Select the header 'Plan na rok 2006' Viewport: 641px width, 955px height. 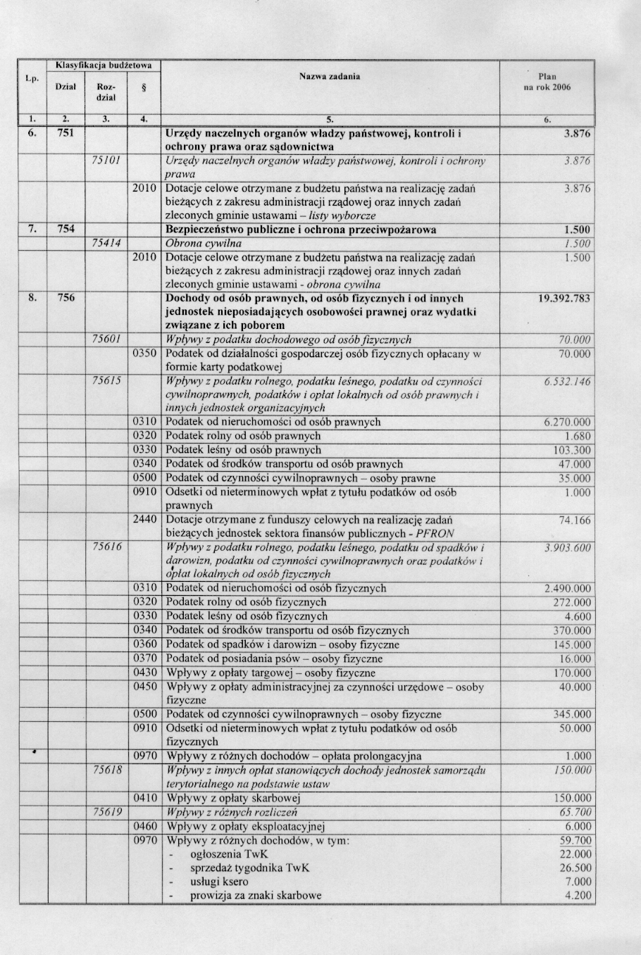click(547, 82)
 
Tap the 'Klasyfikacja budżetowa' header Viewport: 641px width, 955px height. click(104, 65)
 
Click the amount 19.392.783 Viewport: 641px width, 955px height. click(564, 299)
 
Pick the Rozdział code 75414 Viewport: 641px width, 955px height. click(107, 244)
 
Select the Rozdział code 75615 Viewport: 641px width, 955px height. click(107, 381)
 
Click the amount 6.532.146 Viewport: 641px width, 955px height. click(567, 382)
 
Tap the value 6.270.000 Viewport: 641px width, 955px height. click(567, 423)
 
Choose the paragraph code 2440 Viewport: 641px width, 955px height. click(144, 520)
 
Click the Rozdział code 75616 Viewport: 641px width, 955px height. click(107, 547)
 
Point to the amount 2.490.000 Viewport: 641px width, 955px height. click(567, 589)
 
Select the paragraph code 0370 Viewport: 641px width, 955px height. click(144, 658)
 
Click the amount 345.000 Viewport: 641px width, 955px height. click(572, 715)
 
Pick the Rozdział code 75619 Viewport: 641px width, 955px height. click(107, 812)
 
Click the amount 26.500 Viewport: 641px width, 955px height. click(575, 868)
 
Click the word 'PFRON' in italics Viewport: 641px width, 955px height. click(435, 534)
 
